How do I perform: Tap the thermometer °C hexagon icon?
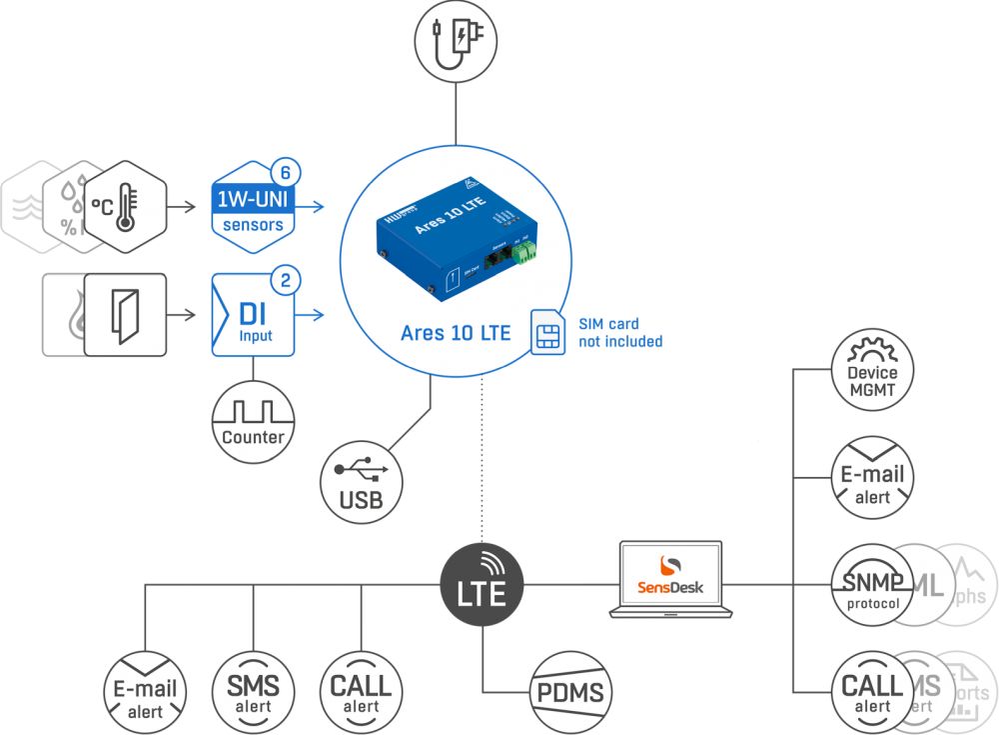[123, 206]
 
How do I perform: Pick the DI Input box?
[252, 314]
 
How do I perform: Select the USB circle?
[361, 481]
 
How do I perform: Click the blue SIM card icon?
[545, 331]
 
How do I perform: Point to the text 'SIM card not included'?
[620, 333]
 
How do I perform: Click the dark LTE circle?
[483, 584]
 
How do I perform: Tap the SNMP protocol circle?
[871, 584]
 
